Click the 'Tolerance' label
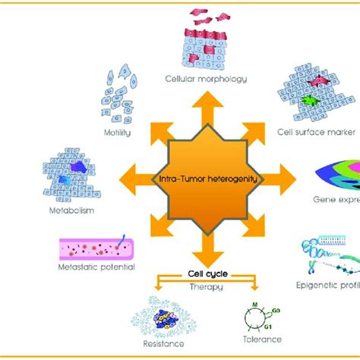tap(264, 339)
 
